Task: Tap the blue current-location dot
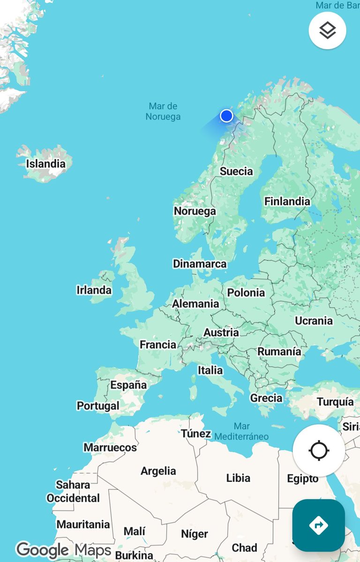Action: pyautogui.click(x=226, y=116)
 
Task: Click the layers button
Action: pyautogui.click(x=327, y=30)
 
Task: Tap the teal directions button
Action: pyautogui.click(x=319, y=525)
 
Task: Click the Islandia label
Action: pyautogui.click(x=45, y=164)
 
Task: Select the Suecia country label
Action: pyautogui.click(x=236, y=171)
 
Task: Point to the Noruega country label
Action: pyautogui.click(x=195, y=211)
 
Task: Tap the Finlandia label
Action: pyautogui.click(x=287, y=201)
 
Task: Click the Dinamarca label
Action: pyautogui.click(x=200, y=264)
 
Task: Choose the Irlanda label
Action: pyautogui.click(x=94, y=290)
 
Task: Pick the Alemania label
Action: pyautogui.click(x=195, y=304)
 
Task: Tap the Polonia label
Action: pyautogui.click(x=246, y=293)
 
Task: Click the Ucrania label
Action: pyautogui.click(x=314, y=321)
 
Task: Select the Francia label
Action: pyautogui.click(x=158, y=345)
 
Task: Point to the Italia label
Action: pyautogui.click(x=210, y=370)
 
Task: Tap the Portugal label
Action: pyautogui.click(x=98, y=406)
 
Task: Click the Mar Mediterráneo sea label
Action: pyautogui.click(x=242, y=431)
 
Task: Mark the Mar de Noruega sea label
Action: pyautogui.click(x=163, y=111)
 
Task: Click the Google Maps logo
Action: pyautogui.click(x=63, y=550)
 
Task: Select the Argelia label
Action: pyautogui.click(x=158, y=471)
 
